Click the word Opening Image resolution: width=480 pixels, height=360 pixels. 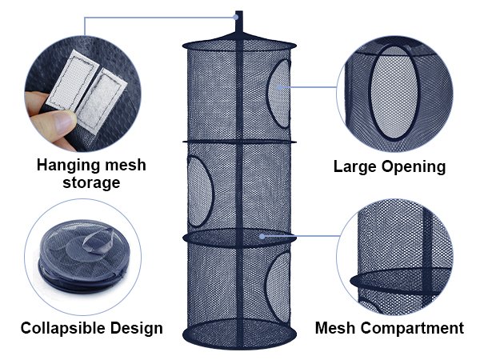414,166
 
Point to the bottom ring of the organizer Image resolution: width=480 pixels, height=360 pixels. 239,333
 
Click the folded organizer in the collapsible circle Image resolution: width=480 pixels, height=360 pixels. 76,256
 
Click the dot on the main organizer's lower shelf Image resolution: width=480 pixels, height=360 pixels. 262,237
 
